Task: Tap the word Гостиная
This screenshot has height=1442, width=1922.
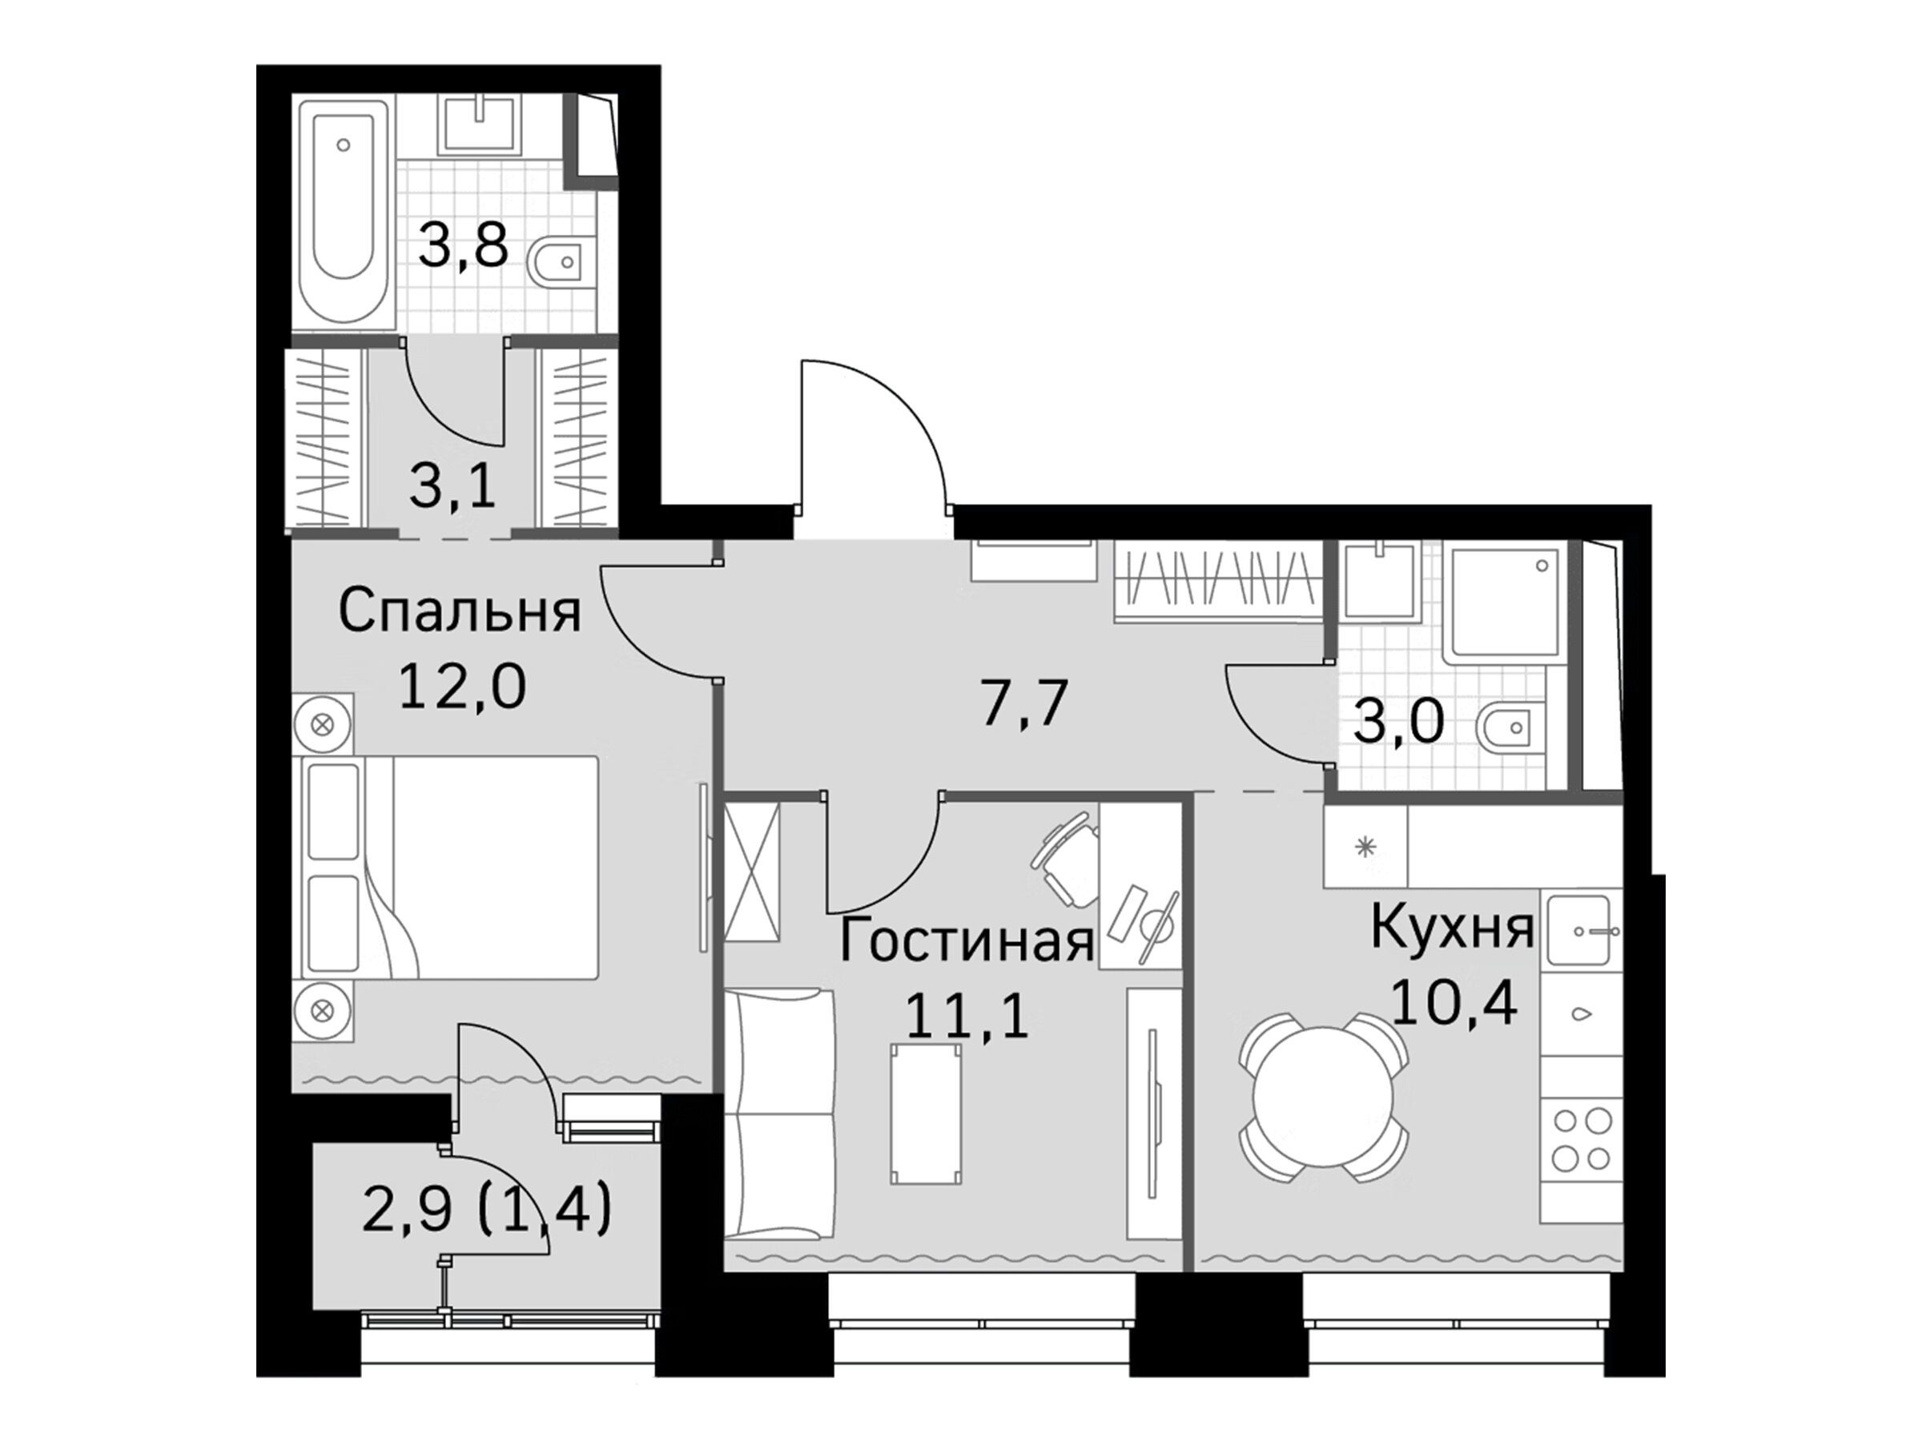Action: pyautogui.click(x=967, y=942)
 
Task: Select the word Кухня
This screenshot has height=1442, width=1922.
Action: pyautogui.click(x=1453, y=928)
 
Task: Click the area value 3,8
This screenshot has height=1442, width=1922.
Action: pyautogui.click(x=463, y=247)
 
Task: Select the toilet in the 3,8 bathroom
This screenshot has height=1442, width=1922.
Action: pyautogui.click(x=556, y=260)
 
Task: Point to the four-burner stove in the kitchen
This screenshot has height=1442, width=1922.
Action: pyautogui.click(x=1582, y=1138)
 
